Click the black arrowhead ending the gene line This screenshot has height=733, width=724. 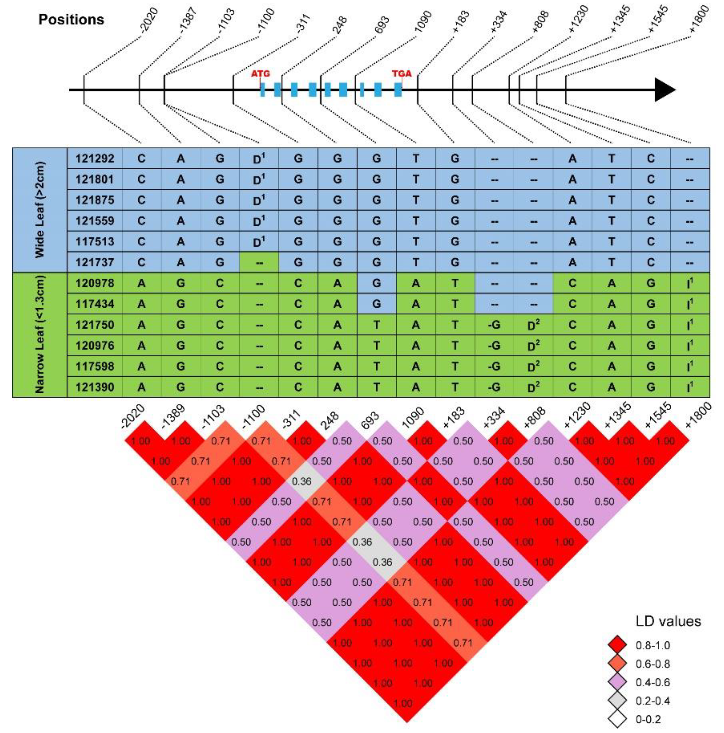pos(665,90)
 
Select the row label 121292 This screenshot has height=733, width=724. pos(95,158)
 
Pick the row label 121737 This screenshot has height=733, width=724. pos(95,262)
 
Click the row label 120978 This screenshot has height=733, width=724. pos(95,283)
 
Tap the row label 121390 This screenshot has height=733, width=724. pos(95,387)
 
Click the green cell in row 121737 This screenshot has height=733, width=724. pos(259,262)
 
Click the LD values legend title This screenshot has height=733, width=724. pos(668,621)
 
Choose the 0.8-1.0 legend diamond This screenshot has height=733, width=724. pos(616,645)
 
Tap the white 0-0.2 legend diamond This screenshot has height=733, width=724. pos(616,719)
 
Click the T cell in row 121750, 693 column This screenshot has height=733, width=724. pos(377,325)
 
